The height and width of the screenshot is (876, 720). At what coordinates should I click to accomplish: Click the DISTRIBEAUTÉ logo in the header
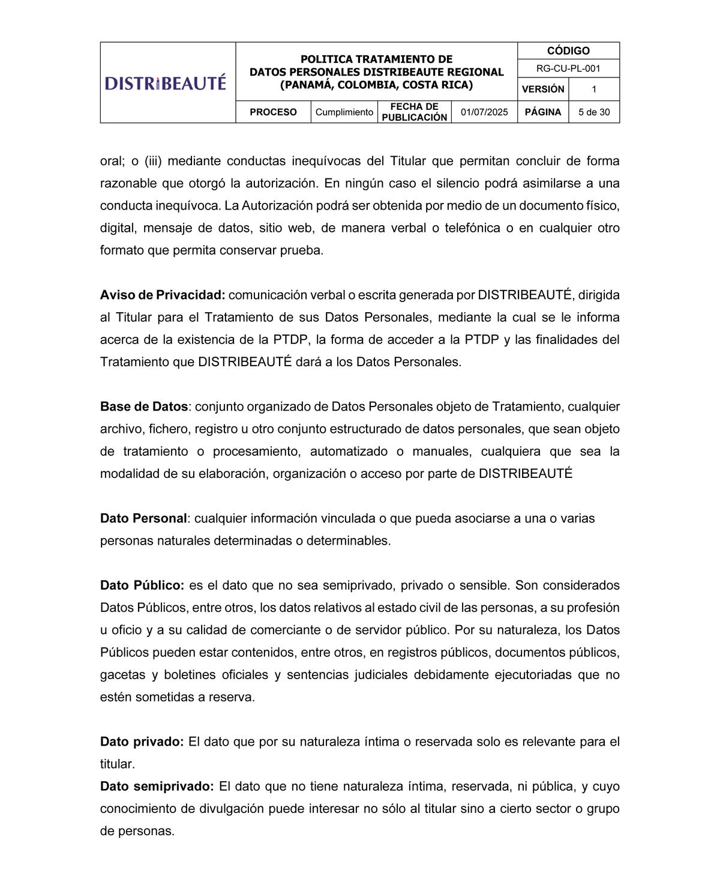[166, 82]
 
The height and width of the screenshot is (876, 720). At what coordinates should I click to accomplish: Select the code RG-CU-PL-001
[568, 68]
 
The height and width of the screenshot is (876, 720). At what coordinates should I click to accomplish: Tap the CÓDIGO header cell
[568, 51]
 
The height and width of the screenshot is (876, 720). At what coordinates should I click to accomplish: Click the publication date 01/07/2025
[484, 112]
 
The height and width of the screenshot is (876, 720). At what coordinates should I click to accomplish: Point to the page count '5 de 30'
[594, 112]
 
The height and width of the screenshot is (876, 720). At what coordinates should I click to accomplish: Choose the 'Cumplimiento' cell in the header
[344, 112]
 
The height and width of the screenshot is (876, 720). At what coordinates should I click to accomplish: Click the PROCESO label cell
[273, 112]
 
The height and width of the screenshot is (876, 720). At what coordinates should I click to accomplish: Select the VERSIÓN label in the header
[543, 89]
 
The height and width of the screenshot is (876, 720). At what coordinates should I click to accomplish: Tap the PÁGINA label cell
[543, 112]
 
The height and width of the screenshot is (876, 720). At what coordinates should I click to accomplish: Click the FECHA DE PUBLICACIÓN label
[415, 112]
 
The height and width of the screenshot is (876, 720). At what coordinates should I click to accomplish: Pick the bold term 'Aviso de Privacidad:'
[163, 295]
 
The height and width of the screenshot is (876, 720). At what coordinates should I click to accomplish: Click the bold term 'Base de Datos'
[144, 406]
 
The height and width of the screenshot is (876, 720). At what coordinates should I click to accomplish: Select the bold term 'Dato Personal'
[143, 518]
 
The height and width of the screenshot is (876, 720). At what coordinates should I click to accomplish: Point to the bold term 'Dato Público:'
[142, 585]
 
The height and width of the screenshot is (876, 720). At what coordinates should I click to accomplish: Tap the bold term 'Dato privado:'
[142, 742]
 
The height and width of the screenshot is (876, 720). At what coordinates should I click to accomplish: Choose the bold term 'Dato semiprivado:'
[157, 787]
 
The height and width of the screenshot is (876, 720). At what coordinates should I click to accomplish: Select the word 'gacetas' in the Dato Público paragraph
[122, 675]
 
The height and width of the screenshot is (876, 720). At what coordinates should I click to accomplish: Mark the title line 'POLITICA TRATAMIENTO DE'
[376, 59]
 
